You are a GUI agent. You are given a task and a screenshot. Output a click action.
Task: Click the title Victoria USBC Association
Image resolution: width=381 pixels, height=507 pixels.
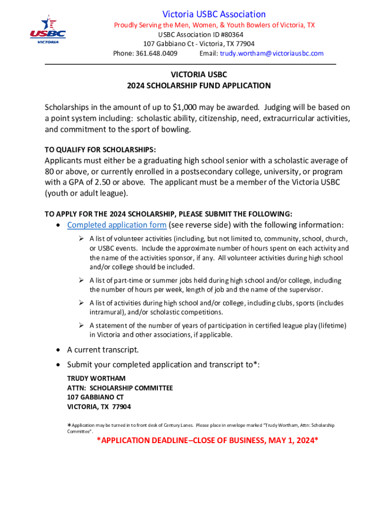point(214,14)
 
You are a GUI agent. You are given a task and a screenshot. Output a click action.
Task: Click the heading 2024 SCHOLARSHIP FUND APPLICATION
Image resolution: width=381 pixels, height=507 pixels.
point(199,86)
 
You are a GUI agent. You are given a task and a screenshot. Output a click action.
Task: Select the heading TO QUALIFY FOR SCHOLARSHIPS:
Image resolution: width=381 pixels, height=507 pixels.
point(100,150)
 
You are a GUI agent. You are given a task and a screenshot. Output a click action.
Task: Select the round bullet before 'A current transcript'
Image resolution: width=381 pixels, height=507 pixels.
point(58,350)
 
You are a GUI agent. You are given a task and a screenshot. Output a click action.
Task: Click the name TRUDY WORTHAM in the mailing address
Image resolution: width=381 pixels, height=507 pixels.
point(96,379)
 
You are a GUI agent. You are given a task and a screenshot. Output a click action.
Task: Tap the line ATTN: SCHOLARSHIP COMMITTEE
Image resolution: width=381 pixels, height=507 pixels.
point(120,388)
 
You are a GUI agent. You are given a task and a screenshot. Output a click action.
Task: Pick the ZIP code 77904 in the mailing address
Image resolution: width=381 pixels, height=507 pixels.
point(121,407)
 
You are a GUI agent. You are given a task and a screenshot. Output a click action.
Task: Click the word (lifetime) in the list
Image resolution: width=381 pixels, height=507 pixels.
point(331,325)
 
